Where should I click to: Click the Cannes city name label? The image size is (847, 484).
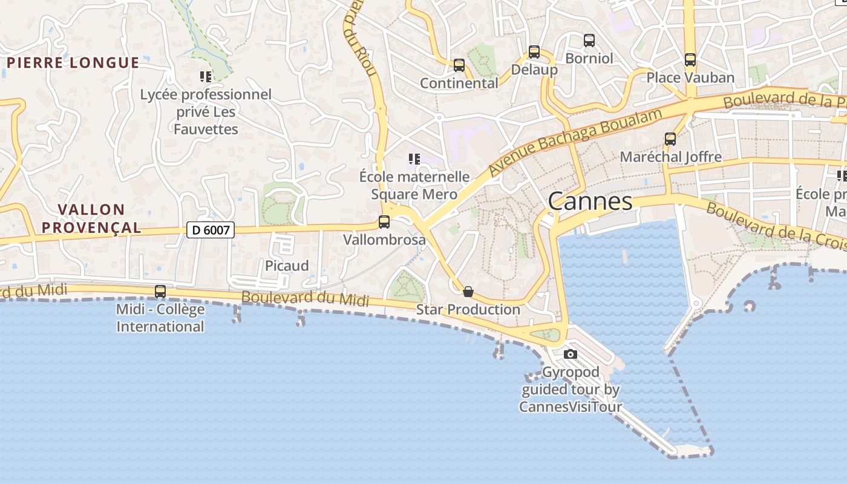590,201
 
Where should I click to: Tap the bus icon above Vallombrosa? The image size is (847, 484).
384,222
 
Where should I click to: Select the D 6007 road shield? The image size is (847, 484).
210,230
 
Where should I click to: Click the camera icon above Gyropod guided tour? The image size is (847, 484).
570,354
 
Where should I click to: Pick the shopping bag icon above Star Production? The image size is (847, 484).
468,292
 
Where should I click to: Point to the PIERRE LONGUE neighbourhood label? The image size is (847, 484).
73,63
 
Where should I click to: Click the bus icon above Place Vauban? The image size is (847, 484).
690,60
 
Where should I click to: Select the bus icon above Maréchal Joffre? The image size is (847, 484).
670,139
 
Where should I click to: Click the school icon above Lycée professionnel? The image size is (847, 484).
206,76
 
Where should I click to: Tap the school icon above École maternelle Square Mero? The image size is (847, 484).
414,159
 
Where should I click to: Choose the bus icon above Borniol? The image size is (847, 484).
589,41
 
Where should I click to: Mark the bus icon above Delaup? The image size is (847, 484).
534,52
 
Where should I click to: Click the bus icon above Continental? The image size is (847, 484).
459,65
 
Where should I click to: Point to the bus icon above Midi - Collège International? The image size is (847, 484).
160,292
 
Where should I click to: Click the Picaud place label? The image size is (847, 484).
287,266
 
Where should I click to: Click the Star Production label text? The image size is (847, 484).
468,310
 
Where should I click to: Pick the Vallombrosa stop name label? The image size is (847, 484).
384,240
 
